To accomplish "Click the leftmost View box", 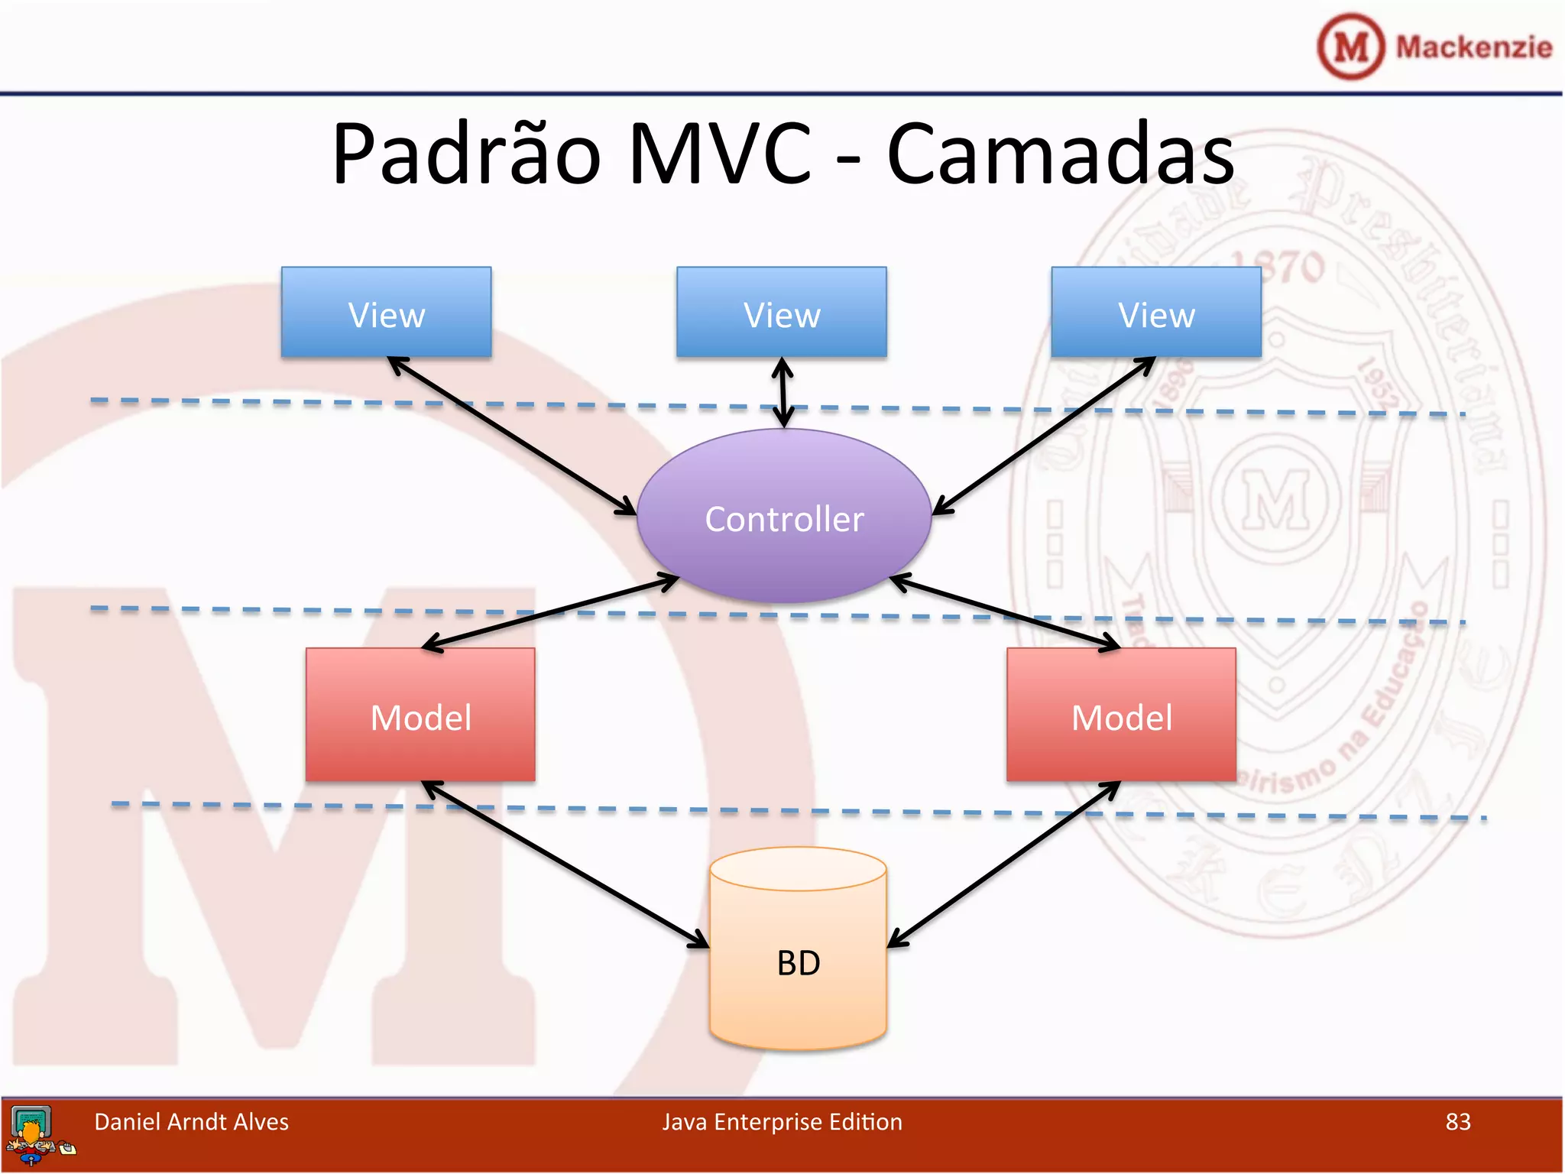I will click(x=386, y=312).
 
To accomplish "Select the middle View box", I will click(x=781, y=312).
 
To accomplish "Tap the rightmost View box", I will click(x=1155, y=312).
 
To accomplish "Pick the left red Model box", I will click(x=420, y=715).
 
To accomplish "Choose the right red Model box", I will click(x=1121, y=715).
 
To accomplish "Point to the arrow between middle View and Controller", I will click(x=782, y=393).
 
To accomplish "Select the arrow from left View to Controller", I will click(x=512, y=436).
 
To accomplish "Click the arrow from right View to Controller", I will click(x=1043, y=436).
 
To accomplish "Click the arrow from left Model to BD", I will click(x=565, y=864).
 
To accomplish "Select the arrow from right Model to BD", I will click(x=1003, y=864).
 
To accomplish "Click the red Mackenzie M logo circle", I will click(x=1350, y=47).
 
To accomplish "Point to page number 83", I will click(x=1457, y=1121).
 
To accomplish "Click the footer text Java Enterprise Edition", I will click(x=782, y=1121).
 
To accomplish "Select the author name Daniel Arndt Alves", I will click(x=191, y=1121).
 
